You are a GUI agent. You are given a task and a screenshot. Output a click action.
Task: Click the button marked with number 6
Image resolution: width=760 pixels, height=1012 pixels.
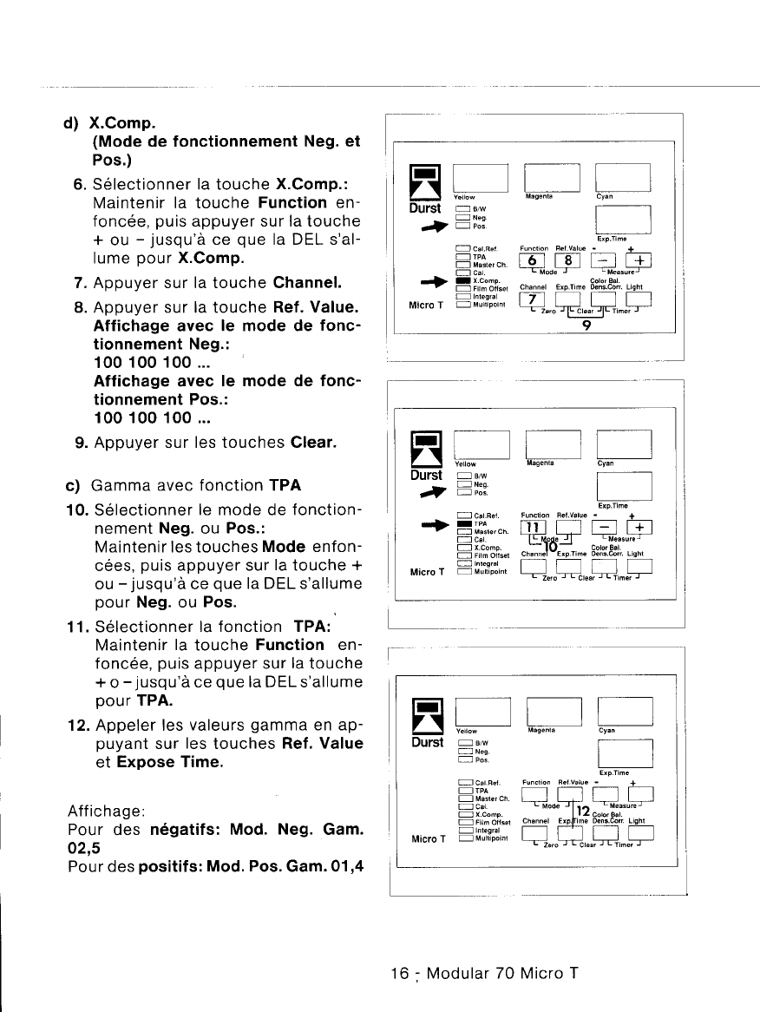click(531, 263)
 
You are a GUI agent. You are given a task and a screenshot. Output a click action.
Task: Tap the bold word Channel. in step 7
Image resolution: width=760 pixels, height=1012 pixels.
click(307, 282)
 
